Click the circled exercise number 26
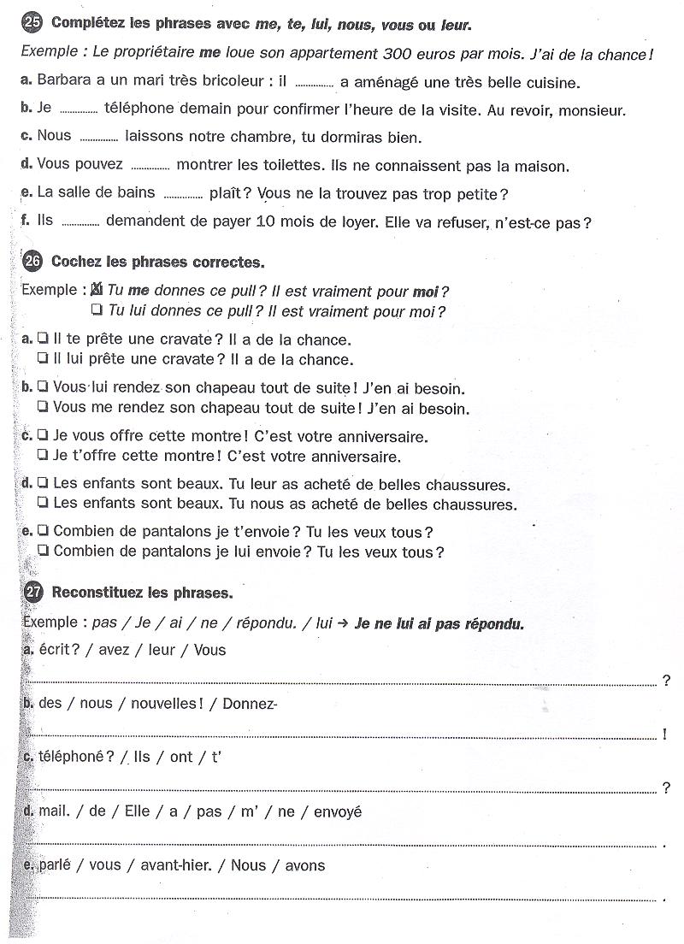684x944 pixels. (32, 261)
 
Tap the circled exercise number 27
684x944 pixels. (33, 592)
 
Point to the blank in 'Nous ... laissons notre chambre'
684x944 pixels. (97, 139)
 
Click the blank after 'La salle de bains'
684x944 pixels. (182, 195)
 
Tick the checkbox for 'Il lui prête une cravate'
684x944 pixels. (43, 359)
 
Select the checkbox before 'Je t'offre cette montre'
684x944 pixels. (43, 456)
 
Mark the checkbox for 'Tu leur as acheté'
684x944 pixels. (43, 485)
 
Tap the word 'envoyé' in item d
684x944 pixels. (338, 811)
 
